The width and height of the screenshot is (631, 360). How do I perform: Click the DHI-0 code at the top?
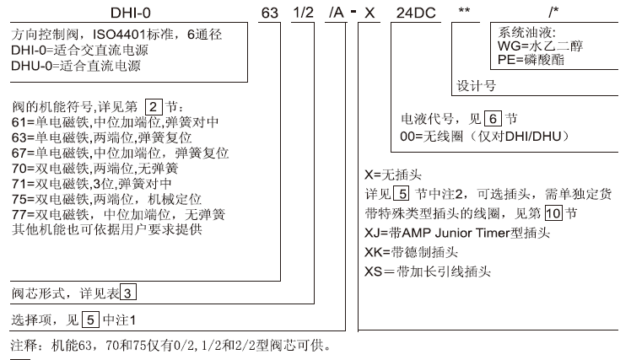pos(131,13)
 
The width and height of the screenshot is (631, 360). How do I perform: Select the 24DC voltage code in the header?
pos(416,13)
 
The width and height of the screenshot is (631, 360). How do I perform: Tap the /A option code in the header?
pos(336,13)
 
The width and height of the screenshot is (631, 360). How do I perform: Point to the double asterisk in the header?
pos(464,9)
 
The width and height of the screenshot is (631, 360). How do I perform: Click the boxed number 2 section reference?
pos(154,107)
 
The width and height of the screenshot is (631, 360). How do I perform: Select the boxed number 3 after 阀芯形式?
pos(127,293)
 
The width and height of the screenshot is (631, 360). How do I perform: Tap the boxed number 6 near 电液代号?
pos(493,119)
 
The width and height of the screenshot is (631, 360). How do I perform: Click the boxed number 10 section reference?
pos(553,212)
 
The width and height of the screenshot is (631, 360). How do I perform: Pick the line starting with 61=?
pos(115,122)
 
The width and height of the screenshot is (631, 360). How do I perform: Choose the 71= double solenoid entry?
pos(92,184)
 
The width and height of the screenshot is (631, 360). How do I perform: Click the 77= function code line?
pos(118,214)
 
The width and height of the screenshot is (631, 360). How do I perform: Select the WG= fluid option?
pos(540,46)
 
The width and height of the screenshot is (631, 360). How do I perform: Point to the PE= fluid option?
pos(531,60)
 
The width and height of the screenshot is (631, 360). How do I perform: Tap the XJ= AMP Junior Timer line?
pos(457,233)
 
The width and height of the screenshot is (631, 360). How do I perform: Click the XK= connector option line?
pos(412,252)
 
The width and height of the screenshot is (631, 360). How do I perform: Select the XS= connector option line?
pos(428,271)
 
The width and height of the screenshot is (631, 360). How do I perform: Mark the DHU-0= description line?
pos(76,66)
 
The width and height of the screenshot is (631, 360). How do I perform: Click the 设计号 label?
pos(476,86)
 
